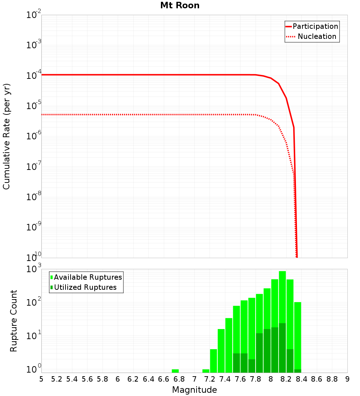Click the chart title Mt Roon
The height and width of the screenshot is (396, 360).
180,6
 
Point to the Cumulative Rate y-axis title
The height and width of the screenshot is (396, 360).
6,136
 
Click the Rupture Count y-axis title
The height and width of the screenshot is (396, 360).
14,321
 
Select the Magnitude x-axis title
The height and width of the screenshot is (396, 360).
194,390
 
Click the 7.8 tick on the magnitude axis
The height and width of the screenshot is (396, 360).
256,379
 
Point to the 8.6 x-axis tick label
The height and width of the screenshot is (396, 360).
317,379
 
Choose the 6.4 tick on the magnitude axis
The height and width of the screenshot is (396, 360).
148,379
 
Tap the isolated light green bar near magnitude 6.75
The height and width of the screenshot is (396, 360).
175,371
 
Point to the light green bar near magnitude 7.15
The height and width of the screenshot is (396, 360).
206,371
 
